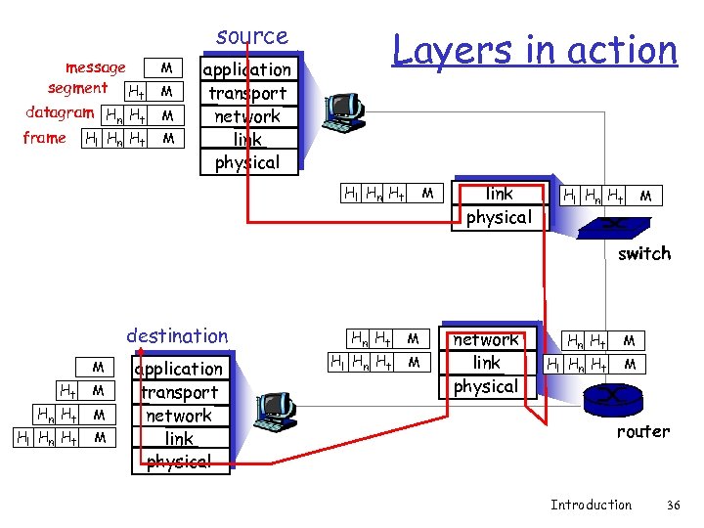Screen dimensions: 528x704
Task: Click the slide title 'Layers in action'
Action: [x=534, y=50]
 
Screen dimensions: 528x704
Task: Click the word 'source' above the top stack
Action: [x=252, y=36]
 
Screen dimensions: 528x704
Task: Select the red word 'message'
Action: [x=95, y=67]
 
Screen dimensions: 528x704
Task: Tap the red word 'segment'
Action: [x=77, y=89]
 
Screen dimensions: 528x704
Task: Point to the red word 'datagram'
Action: [x=60, y=112]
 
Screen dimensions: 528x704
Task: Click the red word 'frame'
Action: [x=44, y=138]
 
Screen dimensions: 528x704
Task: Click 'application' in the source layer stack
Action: [x=246, y=69]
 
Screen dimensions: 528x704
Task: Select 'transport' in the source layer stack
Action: [x=246, y=93]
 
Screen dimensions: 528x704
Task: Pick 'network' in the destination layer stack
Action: [x=179, y=416]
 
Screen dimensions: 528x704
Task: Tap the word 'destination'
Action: [x=177, y=336]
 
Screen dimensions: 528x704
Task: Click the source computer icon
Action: [x=345, y=114]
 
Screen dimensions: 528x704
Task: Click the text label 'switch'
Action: [x=644, y=253]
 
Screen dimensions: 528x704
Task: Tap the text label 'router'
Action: [x=642, y=431]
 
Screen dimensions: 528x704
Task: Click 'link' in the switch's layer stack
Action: [x=499, y=194]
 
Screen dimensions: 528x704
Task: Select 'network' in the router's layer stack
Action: [x=486, y=340]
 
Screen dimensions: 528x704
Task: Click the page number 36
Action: [x=672, y=505]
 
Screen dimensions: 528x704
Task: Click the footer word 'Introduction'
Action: [x=591, y=505]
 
